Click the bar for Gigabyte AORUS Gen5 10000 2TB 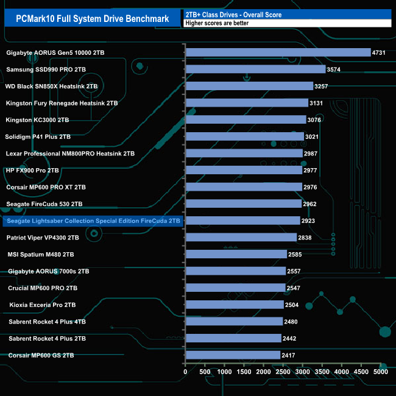point(278,52)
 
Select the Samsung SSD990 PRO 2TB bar point(255,69)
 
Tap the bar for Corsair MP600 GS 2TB point(233,355)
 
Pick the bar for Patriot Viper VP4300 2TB point(241,237)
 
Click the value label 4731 point(379,53)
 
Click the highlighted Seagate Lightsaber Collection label point(92,221)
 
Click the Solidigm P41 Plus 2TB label point(38,136)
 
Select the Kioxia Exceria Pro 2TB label point(43,305)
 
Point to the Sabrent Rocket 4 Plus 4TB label point(47,321)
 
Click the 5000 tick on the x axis point(380,372)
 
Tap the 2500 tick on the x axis point(283,372)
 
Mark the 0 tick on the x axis point(185,372)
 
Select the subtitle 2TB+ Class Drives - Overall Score point(233,14)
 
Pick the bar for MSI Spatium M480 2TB point(236,254)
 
